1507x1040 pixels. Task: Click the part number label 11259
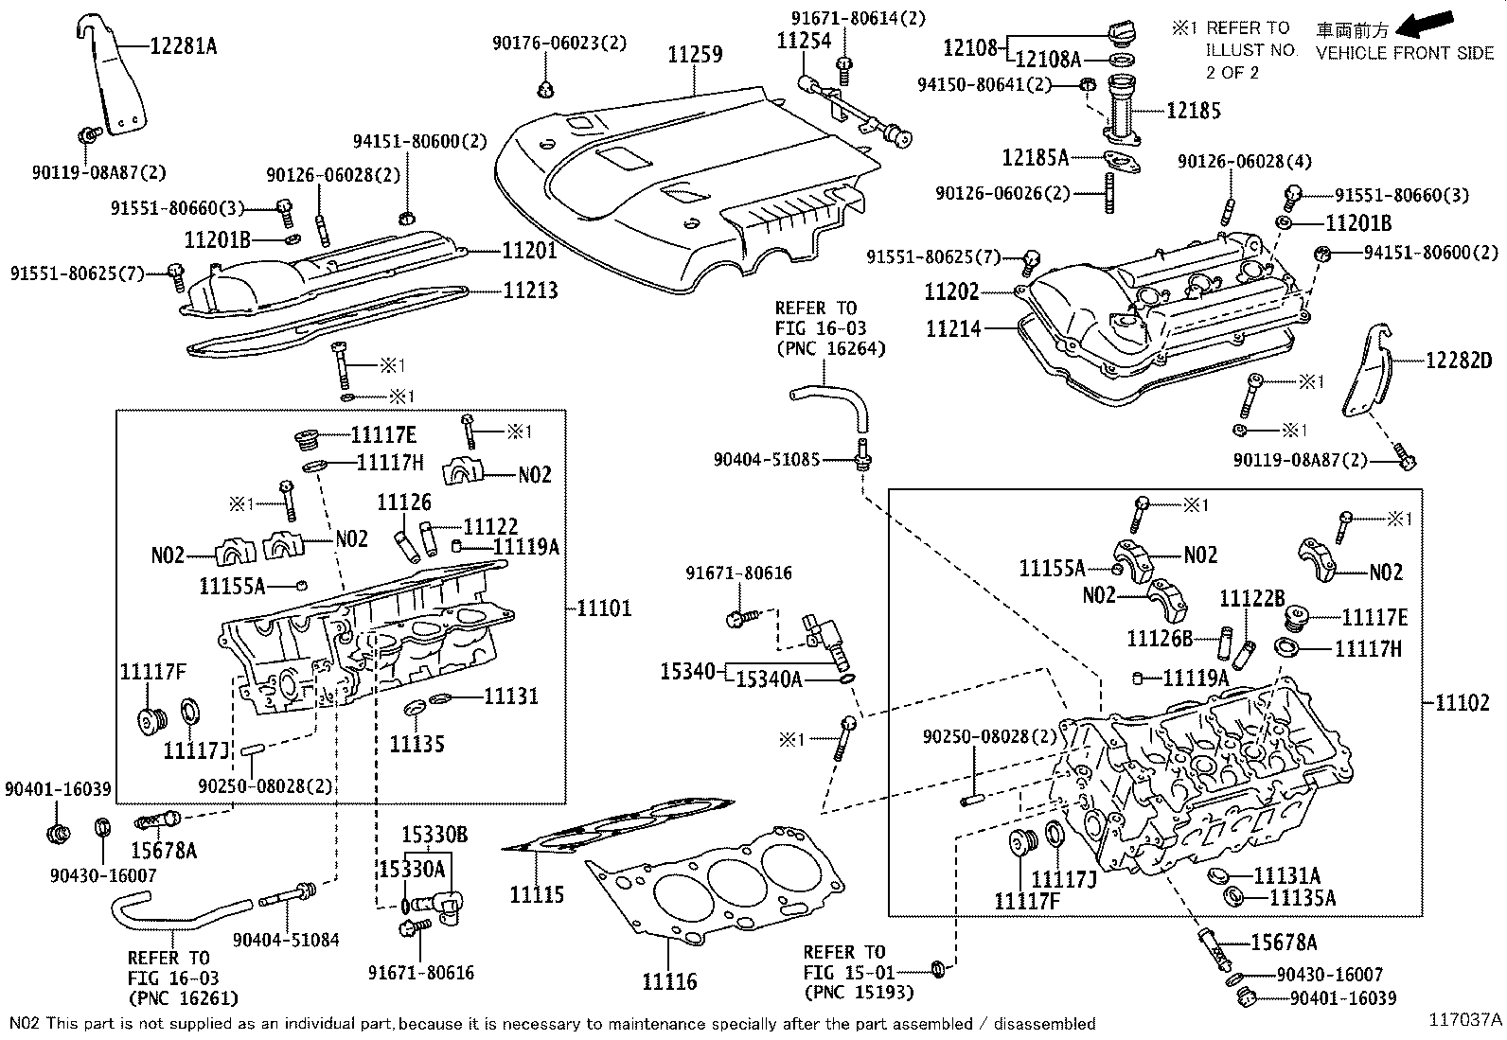click(695, 55)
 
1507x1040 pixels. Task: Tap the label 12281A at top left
click(183, 44)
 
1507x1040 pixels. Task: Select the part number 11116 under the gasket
click(669, 981)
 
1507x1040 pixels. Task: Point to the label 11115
click(537, 893)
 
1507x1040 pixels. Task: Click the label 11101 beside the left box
click(604, 608)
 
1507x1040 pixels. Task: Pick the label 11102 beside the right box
click(1462, 702)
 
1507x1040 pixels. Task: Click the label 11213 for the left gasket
click(530, 291)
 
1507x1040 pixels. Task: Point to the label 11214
click(953, 328)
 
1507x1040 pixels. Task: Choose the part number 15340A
click(770, 678)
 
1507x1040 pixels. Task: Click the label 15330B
click(434, 836)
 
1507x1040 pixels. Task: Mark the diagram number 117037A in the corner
click(1465, 1019)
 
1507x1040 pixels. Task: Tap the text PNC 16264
click(830, 348)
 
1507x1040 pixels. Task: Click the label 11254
click(804, 41)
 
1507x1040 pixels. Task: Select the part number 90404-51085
click(767, 460)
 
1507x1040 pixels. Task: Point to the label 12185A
click(1036, 156)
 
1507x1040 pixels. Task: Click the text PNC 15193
click(859, 992)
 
